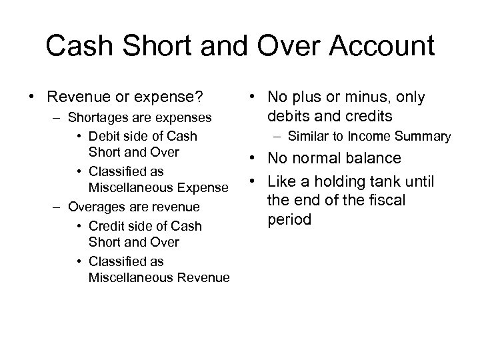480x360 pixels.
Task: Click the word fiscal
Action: [386, 200]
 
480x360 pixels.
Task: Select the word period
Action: [289, 219]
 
